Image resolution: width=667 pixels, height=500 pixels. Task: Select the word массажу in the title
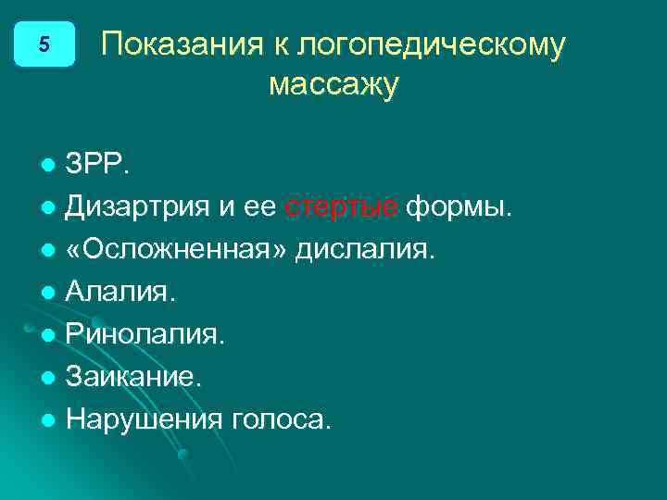point(333,85)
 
